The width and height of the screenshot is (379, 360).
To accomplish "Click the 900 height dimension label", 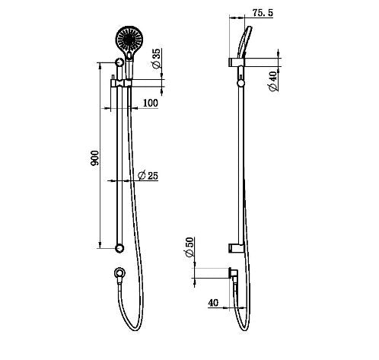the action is [94, 158].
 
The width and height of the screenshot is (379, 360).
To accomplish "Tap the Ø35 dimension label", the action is [156, 59].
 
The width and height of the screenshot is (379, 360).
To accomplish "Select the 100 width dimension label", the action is [151, 103].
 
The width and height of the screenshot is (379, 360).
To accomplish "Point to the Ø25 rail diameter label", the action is [148, 176].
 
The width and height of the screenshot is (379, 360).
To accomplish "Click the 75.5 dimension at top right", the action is [263, 13].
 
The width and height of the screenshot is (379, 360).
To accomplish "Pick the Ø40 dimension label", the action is [273, 81].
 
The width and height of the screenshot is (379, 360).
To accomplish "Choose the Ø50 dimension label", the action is [189, 247].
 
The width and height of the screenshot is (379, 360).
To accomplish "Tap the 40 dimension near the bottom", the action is [213, 303].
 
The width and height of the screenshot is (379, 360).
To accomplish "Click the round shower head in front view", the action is [129, 39].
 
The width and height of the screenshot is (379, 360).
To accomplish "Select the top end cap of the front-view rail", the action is [119, 62].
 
